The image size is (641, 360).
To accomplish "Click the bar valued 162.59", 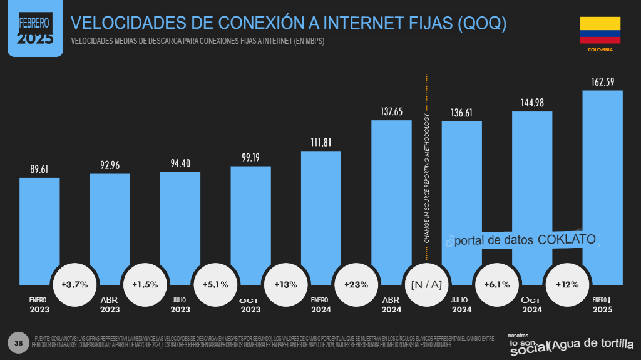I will [x=602, y=188].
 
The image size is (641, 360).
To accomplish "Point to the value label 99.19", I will [x=250, y=157].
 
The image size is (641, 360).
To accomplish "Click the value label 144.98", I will [x=532, y=103].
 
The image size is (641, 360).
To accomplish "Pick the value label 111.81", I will [x=320, y=142].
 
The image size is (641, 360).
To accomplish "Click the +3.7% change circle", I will [x=74, y=284].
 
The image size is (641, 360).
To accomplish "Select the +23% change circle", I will [x=356, y=284].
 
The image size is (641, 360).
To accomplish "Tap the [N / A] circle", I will [x=426, y=284].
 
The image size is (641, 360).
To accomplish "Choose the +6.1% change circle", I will [x=496, y=284].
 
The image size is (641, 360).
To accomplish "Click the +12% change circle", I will [x=567, y=284].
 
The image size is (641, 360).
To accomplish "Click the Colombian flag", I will [x=600, y=30].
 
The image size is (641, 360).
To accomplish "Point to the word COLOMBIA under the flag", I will [x=600, y=49].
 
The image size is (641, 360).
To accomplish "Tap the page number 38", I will [x=18, y=342].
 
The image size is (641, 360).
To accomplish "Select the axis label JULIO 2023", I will [x=180, y=305].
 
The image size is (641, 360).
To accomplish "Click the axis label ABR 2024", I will [x=391, y=305].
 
